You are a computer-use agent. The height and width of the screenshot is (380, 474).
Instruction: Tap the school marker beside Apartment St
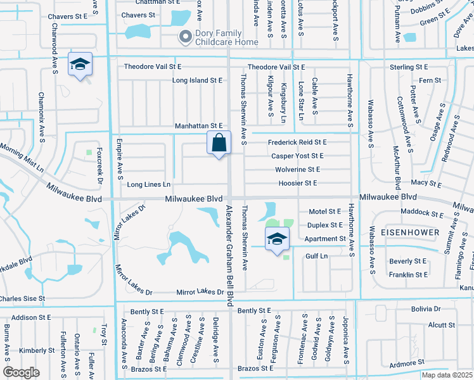coord(277,239)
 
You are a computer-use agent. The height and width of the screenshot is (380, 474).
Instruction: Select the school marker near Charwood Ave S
coord(80,65)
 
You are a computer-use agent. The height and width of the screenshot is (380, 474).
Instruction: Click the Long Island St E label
coord(198,80)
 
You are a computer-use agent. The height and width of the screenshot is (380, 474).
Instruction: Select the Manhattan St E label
coord(200,126)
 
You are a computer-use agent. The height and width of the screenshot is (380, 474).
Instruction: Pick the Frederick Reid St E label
coord(297,142)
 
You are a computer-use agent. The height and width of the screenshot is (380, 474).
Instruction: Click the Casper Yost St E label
coord(297,156)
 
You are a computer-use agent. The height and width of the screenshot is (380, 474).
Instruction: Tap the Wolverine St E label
coord(297,170)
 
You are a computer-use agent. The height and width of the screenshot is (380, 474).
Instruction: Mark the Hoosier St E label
coord(297,183)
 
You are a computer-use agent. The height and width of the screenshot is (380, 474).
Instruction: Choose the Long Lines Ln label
coord(149,185)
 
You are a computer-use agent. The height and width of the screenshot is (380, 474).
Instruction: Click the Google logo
coord(21,372)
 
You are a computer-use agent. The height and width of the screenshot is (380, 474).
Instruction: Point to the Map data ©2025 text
coord(447,375)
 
